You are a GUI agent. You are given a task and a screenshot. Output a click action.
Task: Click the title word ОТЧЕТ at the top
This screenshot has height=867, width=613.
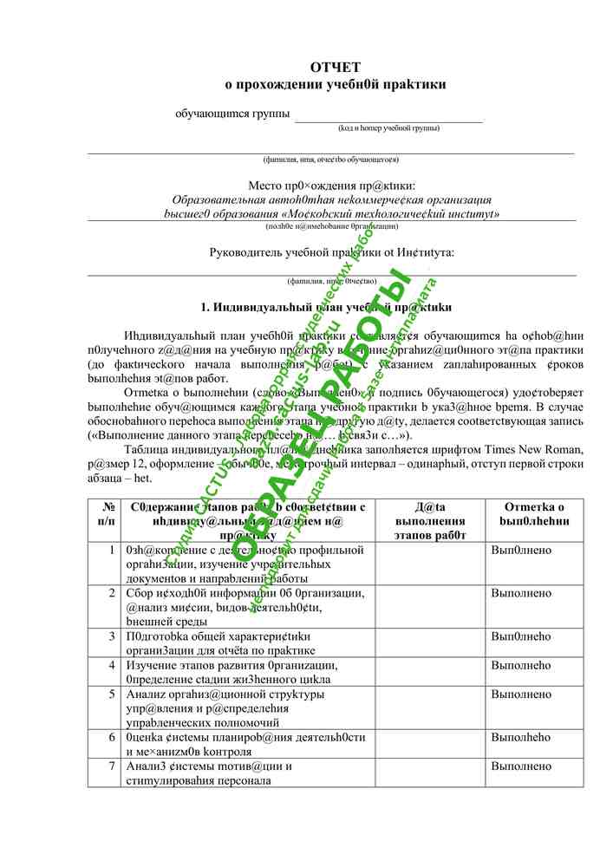pyautogui.click(x=335, y=67)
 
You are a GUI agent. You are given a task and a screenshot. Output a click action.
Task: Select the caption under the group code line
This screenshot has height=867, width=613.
pyautogui.click(x=388, y=128)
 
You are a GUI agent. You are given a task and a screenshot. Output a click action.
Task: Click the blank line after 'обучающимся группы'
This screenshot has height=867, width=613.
pyautogui.click(x=388, y=117)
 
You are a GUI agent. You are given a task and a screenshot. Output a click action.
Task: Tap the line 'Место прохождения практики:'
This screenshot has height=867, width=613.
pyautogui.click(x=331, y=186)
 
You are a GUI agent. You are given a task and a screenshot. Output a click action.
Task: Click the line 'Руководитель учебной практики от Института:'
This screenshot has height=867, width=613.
pyautogui.click(x=331, y=252)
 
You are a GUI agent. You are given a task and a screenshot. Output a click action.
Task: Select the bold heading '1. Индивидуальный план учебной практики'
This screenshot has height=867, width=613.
pyautogui.click(x=325, y=308)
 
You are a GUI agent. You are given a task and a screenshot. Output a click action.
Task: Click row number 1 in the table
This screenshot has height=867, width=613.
pyautogui.click(x=112, y=550)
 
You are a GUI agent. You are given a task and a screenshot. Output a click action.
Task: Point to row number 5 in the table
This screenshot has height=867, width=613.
pyautogui.click(x=112, y=694)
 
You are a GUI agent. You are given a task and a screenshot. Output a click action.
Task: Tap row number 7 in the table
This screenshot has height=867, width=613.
pyautogui.click(x=112, y=766)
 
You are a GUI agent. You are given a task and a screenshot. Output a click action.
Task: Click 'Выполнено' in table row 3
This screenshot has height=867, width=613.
pyautogui.click(x=520, y=636)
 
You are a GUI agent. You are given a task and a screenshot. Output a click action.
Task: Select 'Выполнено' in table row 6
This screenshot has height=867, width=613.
pyautogui.click(x=520, y=738)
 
